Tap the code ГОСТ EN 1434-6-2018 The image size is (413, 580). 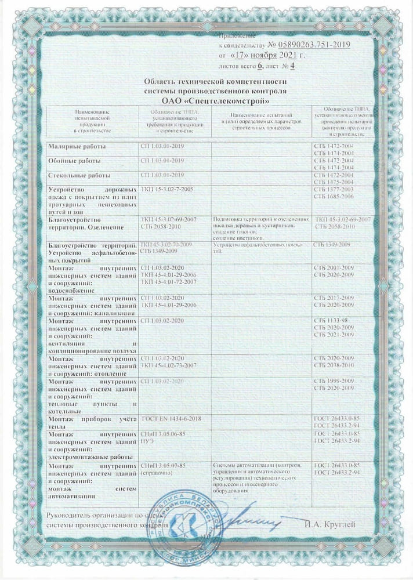click(174, 418)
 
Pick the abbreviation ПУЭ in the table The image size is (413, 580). click(147, 441)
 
